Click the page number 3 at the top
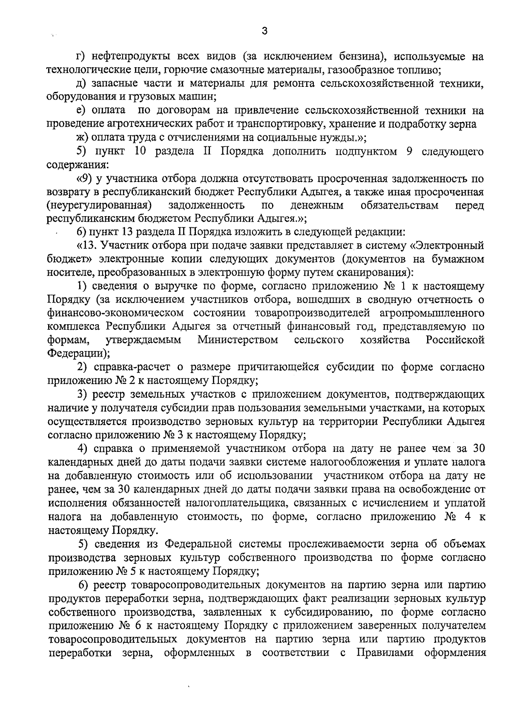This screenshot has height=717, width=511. click(264, 31)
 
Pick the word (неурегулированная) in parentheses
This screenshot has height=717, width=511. click(100, 206)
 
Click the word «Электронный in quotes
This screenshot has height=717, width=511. click(449, 246)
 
